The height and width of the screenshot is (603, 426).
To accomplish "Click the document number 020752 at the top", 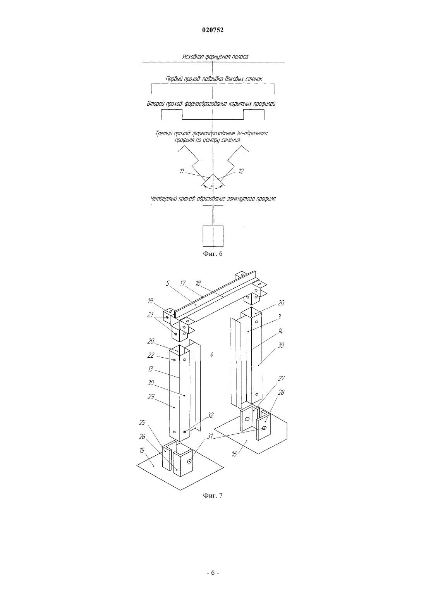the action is (213, 30).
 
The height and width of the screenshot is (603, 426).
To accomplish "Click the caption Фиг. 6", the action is (213, 253).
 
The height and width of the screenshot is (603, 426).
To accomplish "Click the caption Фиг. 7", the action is (213, 495).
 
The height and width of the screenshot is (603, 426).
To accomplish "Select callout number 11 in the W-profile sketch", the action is (182, 171).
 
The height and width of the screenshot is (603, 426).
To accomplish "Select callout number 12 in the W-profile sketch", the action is (241, 171).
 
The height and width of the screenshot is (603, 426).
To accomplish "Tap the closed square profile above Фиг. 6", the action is (213, 236).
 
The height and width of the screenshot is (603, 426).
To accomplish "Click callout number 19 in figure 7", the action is (151, 301).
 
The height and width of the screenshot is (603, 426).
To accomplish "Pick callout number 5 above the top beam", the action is (168, 283).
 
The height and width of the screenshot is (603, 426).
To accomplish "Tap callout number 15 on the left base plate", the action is (142, 450).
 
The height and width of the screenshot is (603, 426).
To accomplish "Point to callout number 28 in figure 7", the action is (281, 393).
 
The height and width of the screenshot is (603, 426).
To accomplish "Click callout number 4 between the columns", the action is (212, 355).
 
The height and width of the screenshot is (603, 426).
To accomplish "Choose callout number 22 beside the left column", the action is (151, 355).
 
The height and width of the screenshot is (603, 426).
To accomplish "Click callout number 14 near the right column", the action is (280, 331).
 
